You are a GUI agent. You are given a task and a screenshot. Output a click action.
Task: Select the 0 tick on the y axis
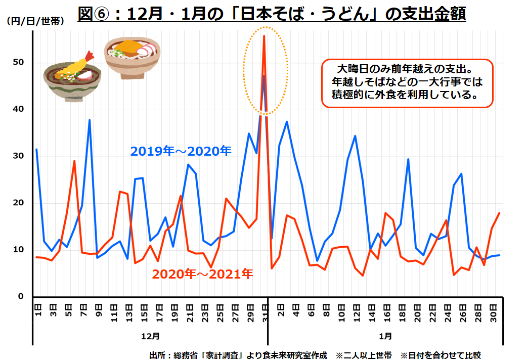[x=21, y=297]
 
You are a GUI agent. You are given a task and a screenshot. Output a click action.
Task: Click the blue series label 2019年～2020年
[x=181, y=151]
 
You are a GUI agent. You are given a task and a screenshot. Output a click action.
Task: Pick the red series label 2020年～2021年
[x=202, y=274]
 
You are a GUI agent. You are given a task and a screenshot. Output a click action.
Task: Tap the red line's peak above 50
[x=264, y=36]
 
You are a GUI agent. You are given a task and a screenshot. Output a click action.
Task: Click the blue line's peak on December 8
[x=90, y=120]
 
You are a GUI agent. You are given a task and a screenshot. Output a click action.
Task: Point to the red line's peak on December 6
[x=74, y=161]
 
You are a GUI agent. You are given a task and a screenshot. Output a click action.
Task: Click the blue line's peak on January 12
[x=355, y=136]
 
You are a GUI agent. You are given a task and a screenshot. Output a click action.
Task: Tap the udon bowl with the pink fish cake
[x=133, y=56]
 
